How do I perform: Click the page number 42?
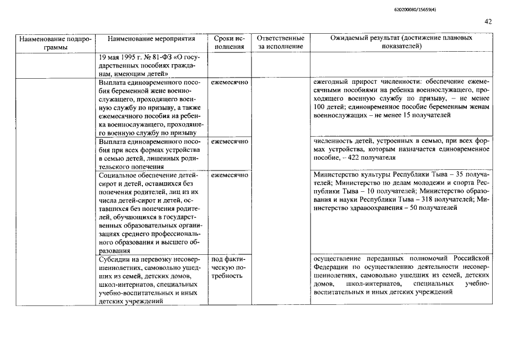(488, 21)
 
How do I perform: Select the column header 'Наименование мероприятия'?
(151, 39)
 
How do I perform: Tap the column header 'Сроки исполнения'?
(229, 43)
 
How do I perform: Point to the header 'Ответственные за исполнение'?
(280, 43)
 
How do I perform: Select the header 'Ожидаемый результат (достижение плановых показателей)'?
(401, 43)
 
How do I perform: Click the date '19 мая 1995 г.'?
(120, 57)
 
